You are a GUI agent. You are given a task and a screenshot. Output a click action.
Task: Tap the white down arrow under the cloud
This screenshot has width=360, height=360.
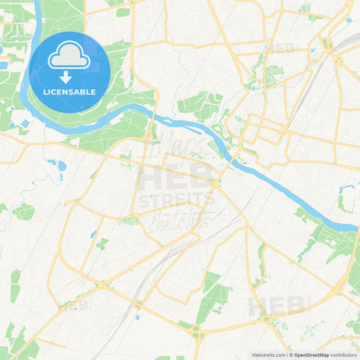click(x=70, y=77)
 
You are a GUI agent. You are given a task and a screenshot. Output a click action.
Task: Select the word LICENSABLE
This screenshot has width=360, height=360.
click(x=70, y=92)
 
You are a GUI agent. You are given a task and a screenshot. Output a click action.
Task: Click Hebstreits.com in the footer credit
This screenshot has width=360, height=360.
click(x=267, y=354)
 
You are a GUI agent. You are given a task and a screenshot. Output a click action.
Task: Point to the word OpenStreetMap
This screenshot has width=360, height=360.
click(x=311, y=354)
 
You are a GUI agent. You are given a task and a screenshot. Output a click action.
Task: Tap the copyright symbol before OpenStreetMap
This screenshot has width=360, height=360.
click(x=291, y=354)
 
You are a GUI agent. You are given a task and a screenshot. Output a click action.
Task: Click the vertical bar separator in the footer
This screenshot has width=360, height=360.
click(x=287, y=354)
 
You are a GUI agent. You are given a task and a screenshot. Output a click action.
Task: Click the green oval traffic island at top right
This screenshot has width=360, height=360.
click(x=328, y=45)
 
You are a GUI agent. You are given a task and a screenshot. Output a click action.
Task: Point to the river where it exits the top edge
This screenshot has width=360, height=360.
click(x=38, y=3)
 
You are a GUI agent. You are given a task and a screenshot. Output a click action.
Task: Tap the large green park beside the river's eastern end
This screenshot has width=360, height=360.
click(x=331, y=240)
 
